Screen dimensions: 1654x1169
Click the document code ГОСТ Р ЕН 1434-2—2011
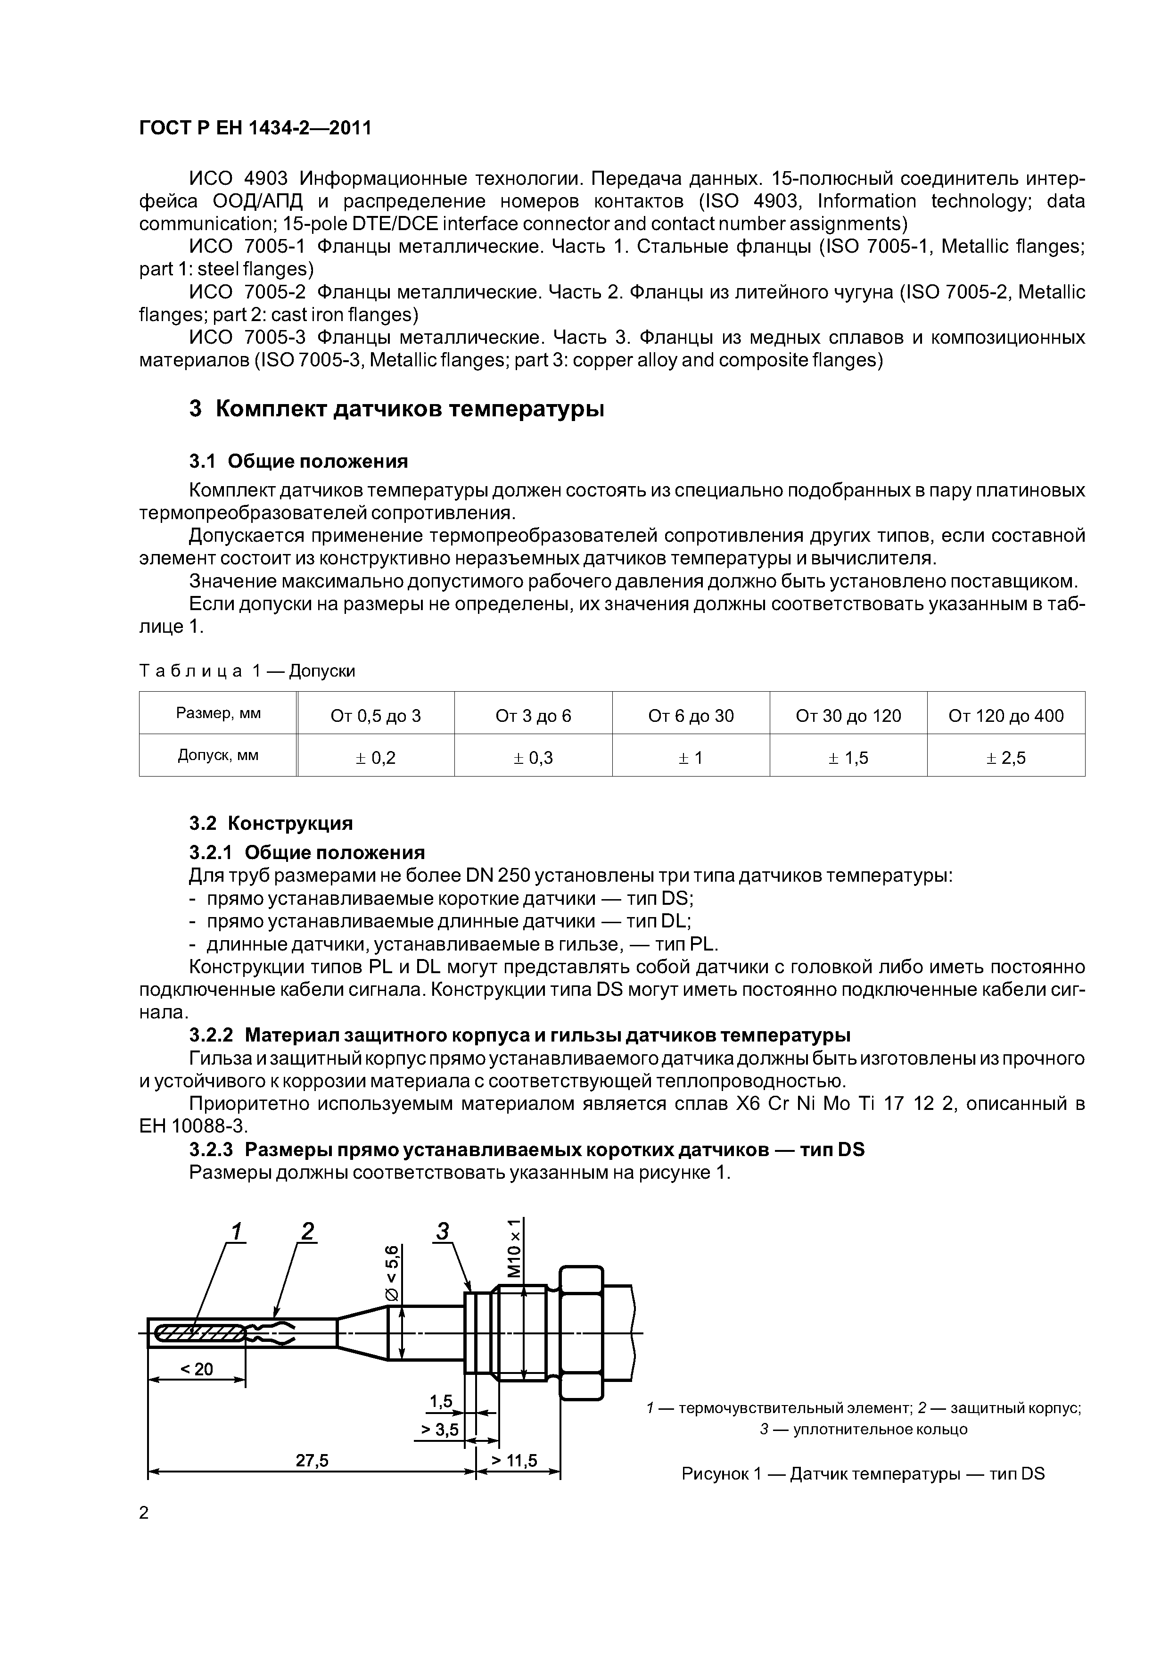[255, 128]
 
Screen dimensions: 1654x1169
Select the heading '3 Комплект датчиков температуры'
[396, 409]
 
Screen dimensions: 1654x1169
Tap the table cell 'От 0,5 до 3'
[375, 715]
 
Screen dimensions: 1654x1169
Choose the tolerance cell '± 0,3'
[533, 757]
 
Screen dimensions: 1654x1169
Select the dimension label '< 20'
[197, 1369]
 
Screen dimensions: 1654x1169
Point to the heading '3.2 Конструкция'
[271, 823]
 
